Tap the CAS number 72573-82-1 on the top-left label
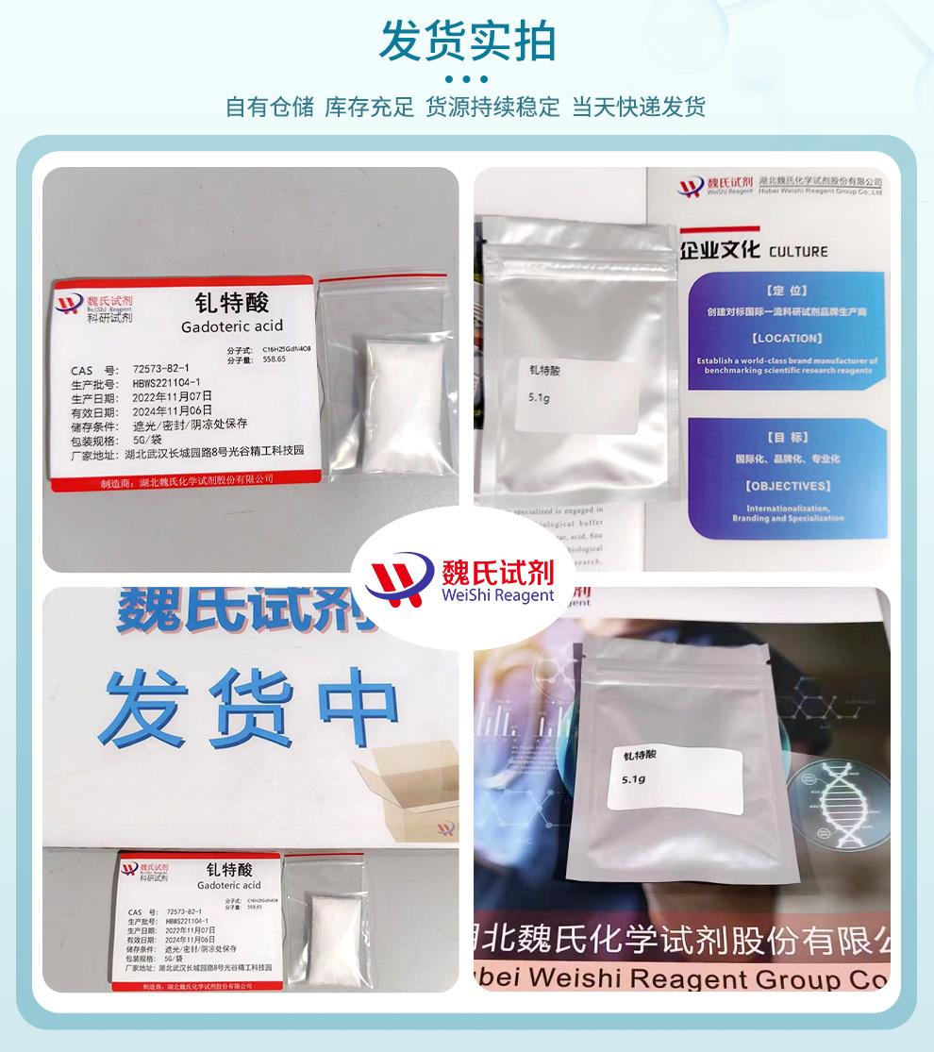coord(161,369)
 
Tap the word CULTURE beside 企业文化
coord(798,252)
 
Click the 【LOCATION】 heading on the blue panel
coord(787,338)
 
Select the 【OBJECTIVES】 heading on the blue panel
coord(788,486)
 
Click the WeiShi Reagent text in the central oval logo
coord(497,595)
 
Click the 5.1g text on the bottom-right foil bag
coord(633,779)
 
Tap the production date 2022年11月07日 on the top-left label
coord(173,396)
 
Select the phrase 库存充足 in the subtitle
coord(369,107)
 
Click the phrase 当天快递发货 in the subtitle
coord(639,107)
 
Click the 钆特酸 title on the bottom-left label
coord(229,869)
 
